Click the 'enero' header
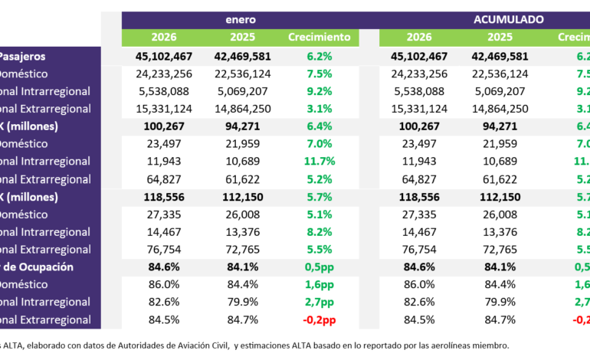pos(240,18)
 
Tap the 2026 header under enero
pos(164,37)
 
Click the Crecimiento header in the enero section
pos(320,37)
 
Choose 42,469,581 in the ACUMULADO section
pos(500,56)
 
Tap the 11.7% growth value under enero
pos(320,162)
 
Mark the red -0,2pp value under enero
pos(320,320)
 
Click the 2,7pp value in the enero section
pos(320,303)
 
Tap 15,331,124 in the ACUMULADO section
pos(419,109)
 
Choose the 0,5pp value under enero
pos(320,267)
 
